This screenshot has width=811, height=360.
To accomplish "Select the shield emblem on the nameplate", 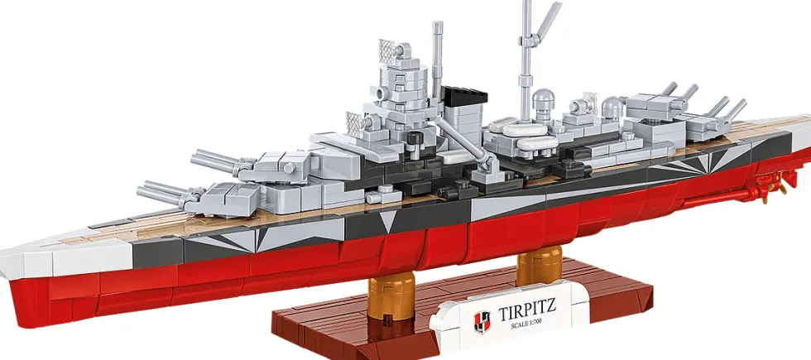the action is click(482, 322).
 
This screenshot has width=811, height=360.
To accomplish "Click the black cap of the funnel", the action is click(464, 94).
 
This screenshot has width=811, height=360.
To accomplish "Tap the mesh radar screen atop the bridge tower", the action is click(388, 50).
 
